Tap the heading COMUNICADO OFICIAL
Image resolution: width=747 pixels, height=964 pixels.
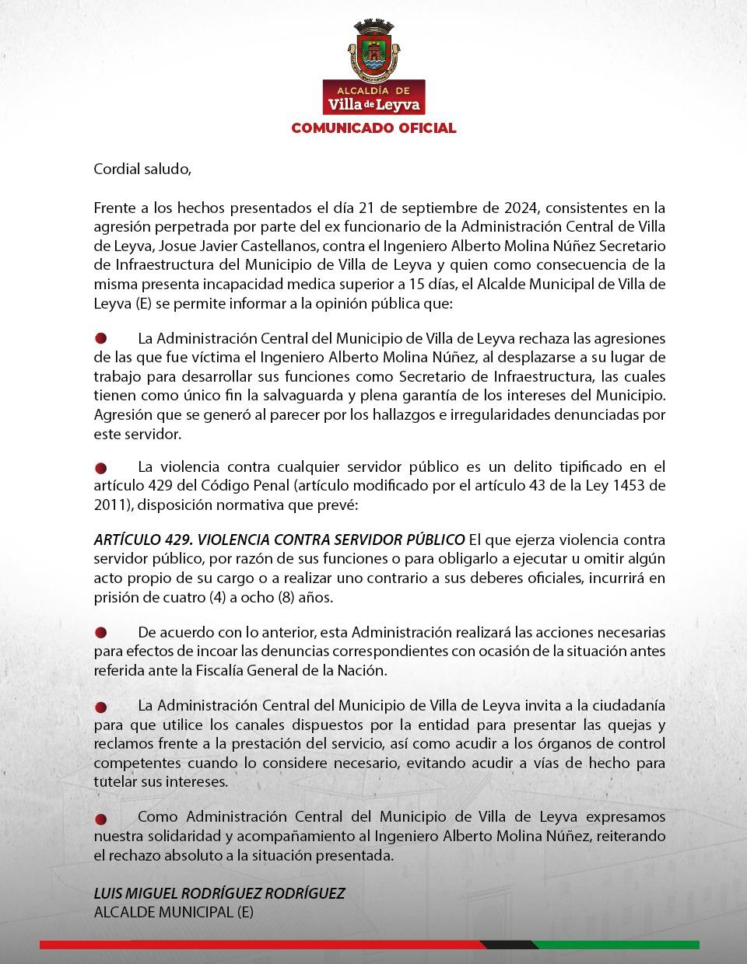click(x=373, y=128)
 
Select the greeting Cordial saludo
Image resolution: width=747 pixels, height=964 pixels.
click(x=142, y=169)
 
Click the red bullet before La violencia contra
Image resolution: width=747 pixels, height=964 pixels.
click(x=100, y=468)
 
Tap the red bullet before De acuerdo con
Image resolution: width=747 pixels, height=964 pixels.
click(x=100, y=633)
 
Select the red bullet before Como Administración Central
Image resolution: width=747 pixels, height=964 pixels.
click(x=100, y=819)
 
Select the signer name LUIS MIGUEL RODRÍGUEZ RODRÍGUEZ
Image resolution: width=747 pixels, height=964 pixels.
click(x=219, y=893)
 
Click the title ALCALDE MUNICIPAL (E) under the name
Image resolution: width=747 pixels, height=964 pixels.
click(x=174, y=913)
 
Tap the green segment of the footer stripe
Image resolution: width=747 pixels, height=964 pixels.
click(x=615, y=945)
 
